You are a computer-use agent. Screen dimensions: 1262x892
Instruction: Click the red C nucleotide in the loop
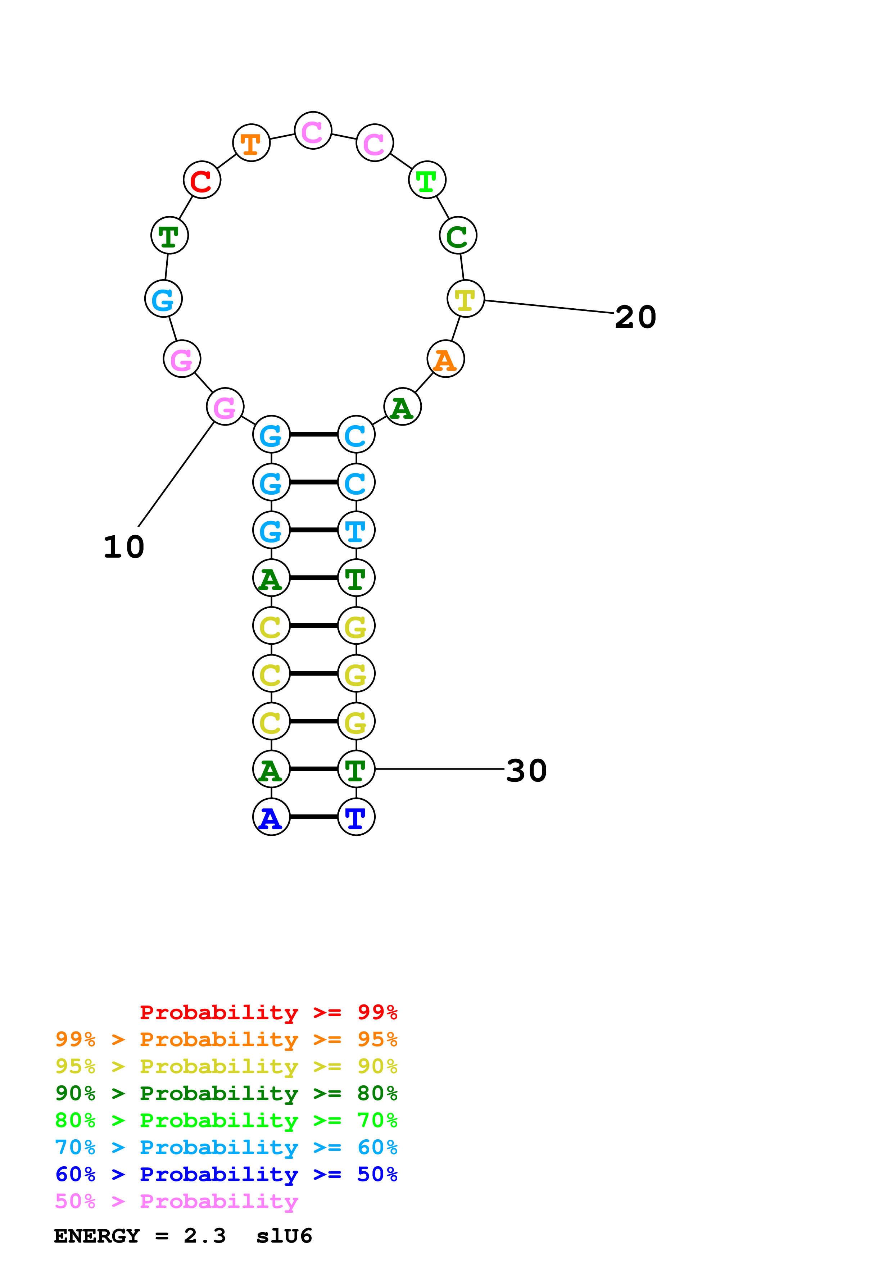(x=202, y=180)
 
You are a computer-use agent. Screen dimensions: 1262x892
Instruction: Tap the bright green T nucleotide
(x=427, y=180)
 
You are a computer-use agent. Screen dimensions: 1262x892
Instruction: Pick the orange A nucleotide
(x=445, y=359)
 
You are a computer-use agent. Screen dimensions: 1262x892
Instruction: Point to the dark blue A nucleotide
(x=271, y=817)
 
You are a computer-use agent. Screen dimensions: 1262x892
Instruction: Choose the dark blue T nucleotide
(x=356, y=817)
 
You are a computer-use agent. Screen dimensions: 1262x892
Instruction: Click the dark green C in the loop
(x=458, y=236)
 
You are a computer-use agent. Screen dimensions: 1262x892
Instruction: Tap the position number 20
(x=635, y=317)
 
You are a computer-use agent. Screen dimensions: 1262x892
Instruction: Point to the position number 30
(x=526, y=771)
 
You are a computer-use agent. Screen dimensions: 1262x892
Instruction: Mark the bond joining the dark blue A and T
(x=314, y=817)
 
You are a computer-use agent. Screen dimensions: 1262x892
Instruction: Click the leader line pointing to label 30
(x=440, y=769)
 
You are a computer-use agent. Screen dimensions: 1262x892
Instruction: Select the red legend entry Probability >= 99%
(x=268, y=1012)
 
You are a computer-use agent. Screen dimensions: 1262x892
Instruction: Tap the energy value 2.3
(x=204, y=1236)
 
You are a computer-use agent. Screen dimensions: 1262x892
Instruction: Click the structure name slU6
(x=284, y=1236)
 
